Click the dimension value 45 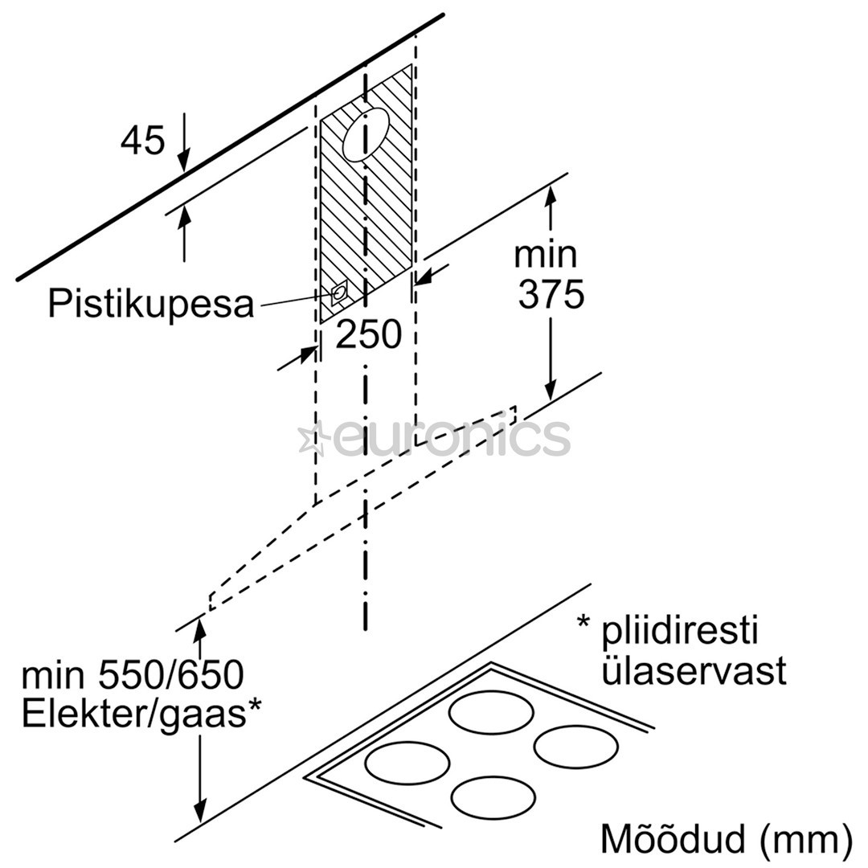143,141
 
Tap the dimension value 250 368,334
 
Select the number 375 551,295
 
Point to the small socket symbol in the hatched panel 340,293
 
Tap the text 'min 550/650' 133,677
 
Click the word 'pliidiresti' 679,632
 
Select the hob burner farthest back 491,713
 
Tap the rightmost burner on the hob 575,747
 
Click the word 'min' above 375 546,255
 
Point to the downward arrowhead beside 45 185,161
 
